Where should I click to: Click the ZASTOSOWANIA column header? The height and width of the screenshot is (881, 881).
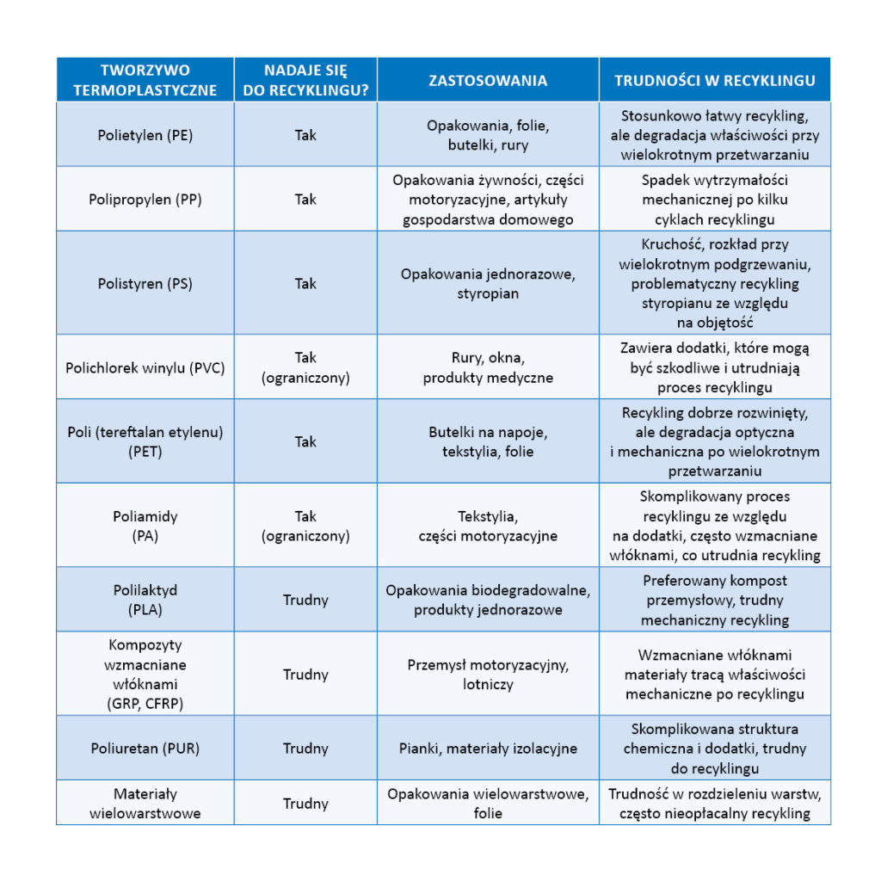point(488,80)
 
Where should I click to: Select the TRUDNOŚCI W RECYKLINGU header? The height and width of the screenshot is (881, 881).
point(714,80)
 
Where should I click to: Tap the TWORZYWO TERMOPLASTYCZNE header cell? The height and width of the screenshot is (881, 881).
point(145,80)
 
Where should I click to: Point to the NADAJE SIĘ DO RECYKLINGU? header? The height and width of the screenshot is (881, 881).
point(305,80)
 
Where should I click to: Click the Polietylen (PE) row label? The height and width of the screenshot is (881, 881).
point(145,135)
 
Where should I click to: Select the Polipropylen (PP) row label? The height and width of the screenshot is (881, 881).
point(145,199)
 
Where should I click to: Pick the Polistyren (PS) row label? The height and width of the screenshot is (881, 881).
point(145,283)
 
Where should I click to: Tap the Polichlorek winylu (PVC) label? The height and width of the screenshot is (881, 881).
point(145,367)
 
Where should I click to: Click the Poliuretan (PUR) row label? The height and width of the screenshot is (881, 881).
point(145,749)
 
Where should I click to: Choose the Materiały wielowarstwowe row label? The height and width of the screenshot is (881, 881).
point(145,804)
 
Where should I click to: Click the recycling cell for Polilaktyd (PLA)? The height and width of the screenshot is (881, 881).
point(305,600)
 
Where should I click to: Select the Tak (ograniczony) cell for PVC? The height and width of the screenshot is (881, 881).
point(305,367)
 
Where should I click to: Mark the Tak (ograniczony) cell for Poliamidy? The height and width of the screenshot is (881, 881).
point(305,526)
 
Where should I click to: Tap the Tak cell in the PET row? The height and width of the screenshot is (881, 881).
point(305,441)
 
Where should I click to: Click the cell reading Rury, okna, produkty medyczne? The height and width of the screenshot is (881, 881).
point(488,367)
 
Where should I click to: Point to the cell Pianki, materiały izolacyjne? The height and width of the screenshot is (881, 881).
point(488,749)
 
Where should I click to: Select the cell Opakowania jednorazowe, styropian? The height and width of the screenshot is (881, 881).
point(488,283)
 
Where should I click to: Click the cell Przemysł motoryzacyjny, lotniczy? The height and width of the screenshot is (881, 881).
point(488,675)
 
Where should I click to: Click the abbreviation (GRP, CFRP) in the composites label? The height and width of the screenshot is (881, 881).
point(145,703)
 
